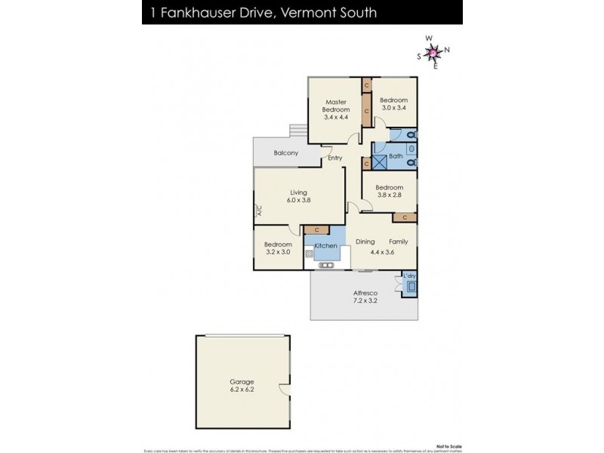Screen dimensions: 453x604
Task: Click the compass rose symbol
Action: coord(433,52)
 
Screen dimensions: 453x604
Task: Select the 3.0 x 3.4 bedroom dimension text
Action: coord(393,109)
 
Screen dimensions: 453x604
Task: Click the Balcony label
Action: coord(285,153)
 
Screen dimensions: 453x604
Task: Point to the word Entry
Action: coord(334,158)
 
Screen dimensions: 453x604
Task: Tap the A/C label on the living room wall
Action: coord(257,212)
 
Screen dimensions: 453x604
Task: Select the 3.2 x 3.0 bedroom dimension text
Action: coord(277,252)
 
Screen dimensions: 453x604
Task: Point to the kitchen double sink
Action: coord(326,265)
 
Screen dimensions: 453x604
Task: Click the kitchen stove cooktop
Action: coord(310,254)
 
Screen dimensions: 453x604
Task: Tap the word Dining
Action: coord(365,242)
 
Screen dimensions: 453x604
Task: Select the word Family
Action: coord(398,242)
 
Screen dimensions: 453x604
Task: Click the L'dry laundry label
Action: coord(408,276)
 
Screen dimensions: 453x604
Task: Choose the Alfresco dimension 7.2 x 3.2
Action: coord(365,300)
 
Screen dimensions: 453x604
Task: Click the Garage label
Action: coord(242,382)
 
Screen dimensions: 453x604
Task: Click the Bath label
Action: coord(396,157)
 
